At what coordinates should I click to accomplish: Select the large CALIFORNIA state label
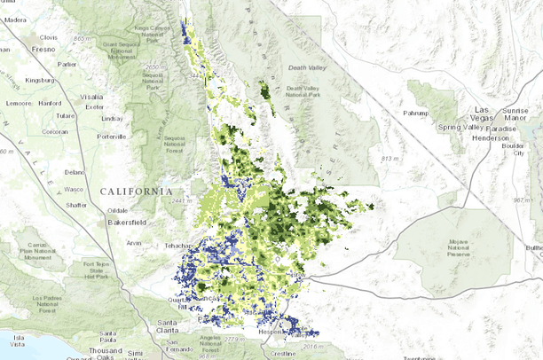(137, 192)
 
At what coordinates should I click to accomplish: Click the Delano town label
(74, 172)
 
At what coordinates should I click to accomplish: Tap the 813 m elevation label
(390, 159)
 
